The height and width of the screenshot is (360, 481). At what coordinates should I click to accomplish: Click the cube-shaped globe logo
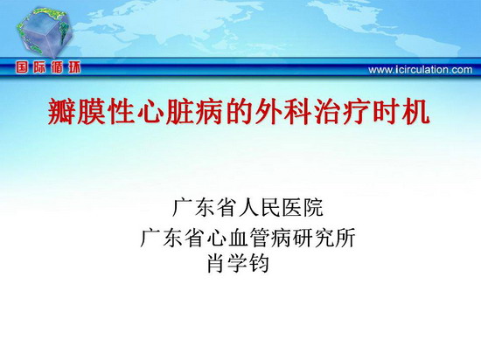45,32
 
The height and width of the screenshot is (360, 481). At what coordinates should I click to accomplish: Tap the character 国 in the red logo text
22,66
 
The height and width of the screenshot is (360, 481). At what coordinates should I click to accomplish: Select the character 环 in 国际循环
74,66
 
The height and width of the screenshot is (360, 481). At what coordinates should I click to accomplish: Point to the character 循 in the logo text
57,66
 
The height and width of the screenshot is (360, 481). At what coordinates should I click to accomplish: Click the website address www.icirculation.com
421,70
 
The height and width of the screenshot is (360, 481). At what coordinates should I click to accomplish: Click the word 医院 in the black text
303,208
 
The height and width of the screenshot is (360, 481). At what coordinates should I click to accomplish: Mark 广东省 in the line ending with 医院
204,208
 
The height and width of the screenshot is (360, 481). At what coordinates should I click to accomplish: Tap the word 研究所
324,238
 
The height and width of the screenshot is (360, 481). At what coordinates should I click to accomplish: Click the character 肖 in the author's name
217,263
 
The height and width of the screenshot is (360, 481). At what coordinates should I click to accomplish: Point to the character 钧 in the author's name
259,263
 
